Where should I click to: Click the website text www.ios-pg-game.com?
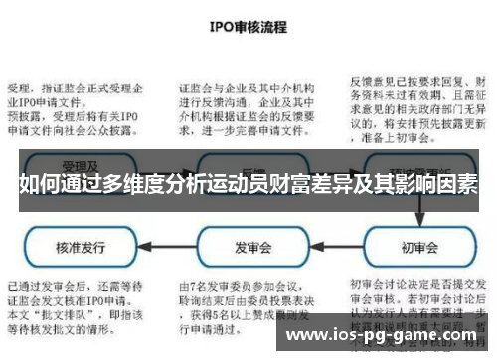[379, 336]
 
